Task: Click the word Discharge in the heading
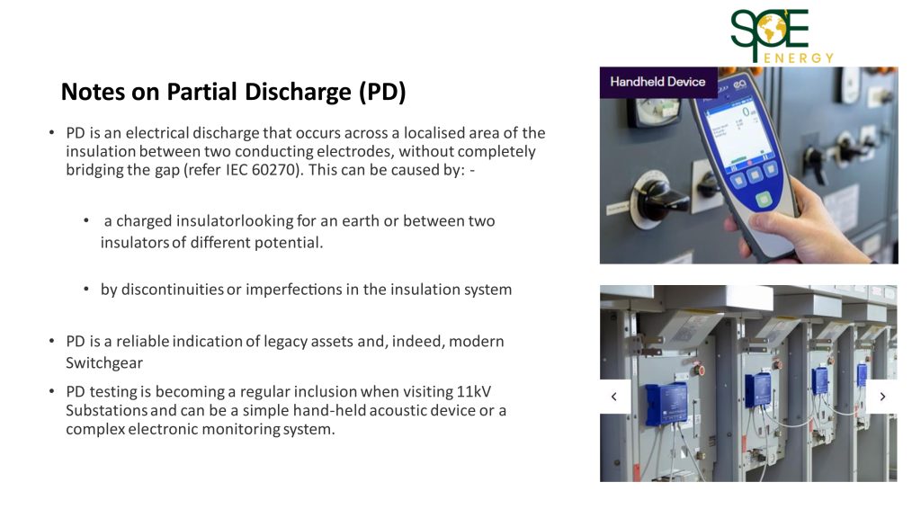pyautogui.click(x=298, y=93)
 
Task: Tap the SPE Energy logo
pyautogui.click(x=782, y=36)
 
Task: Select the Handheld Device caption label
pyautogui.click(x=657, y=82)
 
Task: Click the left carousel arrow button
pyautogui.click(x=614, y=397)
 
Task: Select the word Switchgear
pyautogui.click(x=104, y=363)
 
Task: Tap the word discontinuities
pyautogui.click(x=172, y=290)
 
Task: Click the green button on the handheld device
pyautogui.click(x=764, y=200)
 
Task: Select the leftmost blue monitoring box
pyautogui.click(x=666, y=403)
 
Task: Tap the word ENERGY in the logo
pyautogui.click(x=799, y=58)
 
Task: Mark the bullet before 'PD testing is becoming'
pyautogui.click(x=52, y=391)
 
